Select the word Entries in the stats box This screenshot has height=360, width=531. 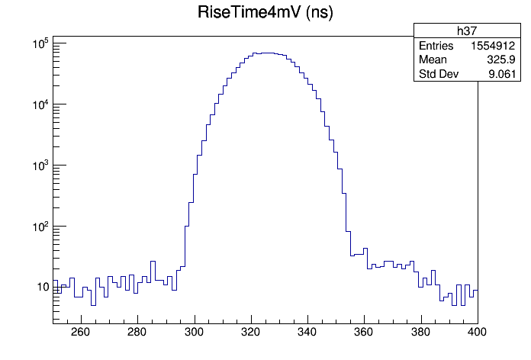[x=436, y=46]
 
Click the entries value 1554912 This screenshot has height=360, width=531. [x=498, y=46]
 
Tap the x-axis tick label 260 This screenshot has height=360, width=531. [x=80, y=332]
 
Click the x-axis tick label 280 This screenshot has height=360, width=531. [x=137, y=332]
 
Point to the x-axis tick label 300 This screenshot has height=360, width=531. [x=195, y=332]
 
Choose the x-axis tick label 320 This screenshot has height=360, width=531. [x=251, y=332]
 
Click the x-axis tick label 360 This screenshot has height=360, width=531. [x=365, y=332]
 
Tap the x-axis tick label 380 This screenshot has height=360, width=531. [x=421, y=332]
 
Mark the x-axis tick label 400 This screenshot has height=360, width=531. [x=478, y=332]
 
